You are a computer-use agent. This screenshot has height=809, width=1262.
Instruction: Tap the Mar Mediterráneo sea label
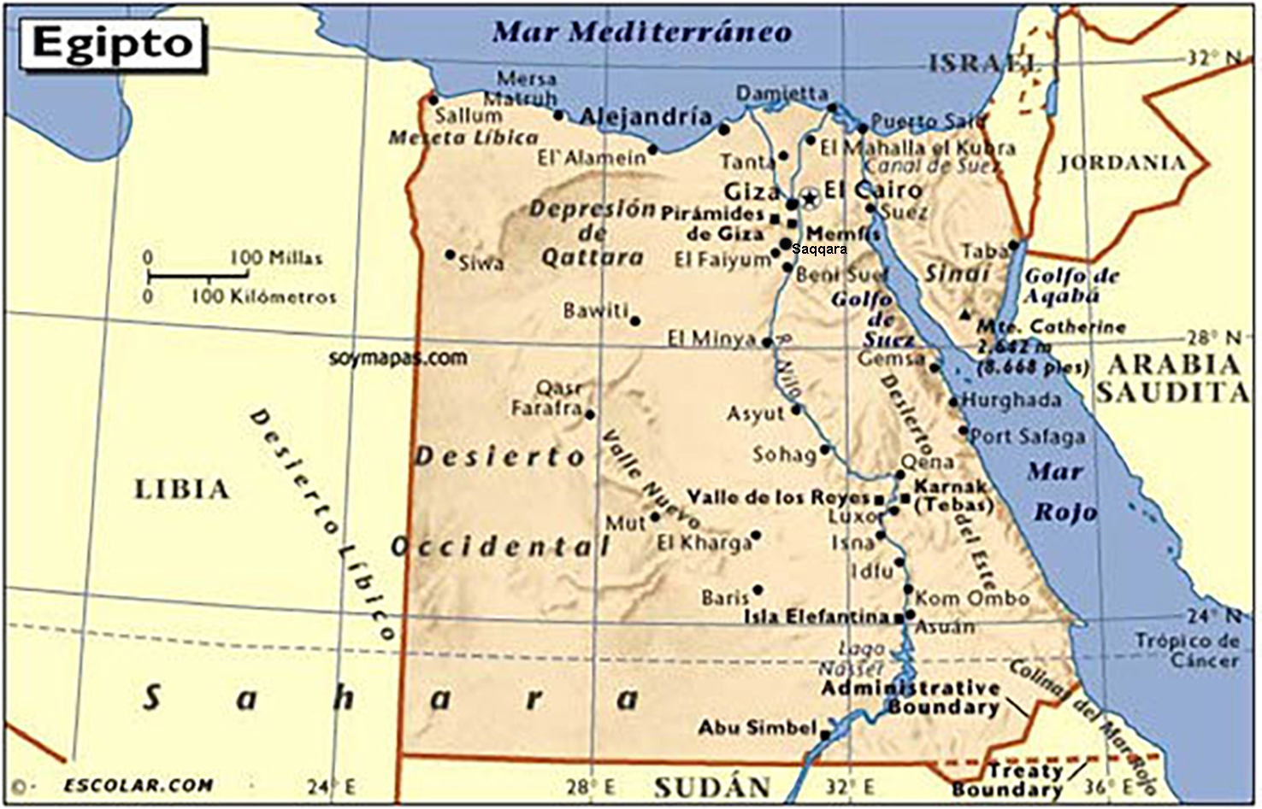(x=642, y=32)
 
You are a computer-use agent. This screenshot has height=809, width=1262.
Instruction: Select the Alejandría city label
(x=646, y=116)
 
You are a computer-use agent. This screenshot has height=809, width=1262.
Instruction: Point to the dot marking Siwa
(x=451, y=255)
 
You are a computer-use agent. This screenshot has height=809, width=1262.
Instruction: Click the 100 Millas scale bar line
(x=198, y=276)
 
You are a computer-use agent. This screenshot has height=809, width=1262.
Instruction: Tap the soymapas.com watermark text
(x=398, y=357)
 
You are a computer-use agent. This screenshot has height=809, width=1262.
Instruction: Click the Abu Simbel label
(x=758, y=728)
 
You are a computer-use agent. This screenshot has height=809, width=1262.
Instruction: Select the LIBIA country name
(x=182, y=490)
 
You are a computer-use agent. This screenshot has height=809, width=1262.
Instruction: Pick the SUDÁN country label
(x=712, y=786)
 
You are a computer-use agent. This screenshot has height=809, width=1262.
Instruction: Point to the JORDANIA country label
(x=1122, y=162)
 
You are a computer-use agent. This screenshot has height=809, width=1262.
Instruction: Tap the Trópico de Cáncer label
(x=1188, y=649)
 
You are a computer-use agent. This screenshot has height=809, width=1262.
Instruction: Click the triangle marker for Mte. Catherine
(x=965, y=314)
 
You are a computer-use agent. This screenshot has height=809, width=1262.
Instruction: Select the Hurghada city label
(x=1011, y=400)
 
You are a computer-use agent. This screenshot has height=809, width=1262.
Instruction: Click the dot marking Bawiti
(x=634, y=321)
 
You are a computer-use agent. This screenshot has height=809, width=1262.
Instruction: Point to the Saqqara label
(x=819, y=249)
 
